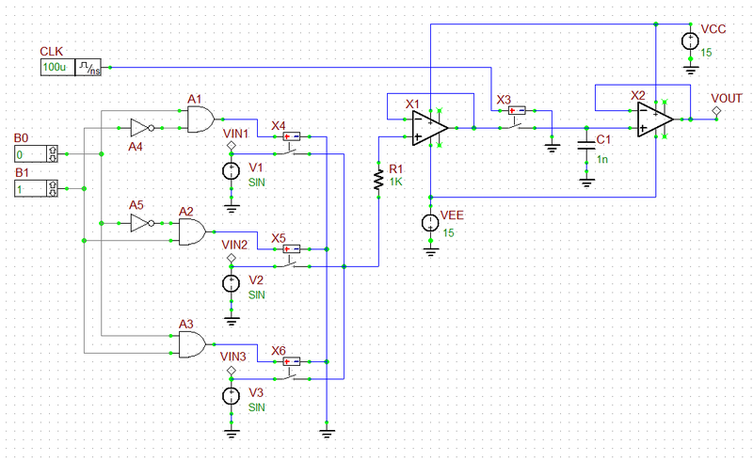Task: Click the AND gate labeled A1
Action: point(200,119)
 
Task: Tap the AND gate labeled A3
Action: point(192,345)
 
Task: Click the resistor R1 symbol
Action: point(377,179)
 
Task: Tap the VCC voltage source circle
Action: point(690,40)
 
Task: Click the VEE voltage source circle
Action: point(430,224)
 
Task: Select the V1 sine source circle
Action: point(231,171)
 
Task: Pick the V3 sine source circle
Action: point(231,397)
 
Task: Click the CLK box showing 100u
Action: point(55,68)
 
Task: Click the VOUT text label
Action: point(727,98)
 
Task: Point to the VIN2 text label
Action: point(234,245)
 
